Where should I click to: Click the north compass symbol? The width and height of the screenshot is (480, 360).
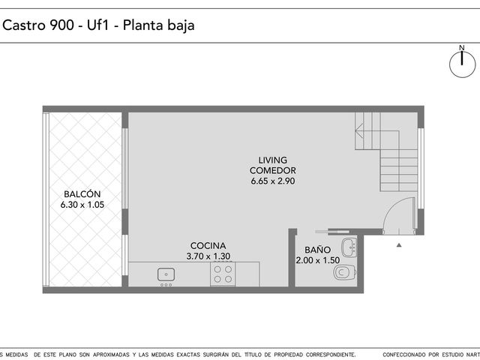(x=462, y=64)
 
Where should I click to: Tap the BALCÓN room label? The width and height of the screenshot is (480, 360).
(x=82, y=194)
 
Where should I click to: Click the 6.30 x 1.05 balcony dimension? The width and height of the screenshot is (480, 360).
(x=82, y=205)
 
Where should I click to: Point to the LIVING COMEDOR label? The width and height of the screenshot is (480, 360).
(x=273, y=165)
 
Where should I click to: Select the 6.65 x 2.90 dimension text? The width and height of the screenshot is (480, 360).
(x=273, y=181)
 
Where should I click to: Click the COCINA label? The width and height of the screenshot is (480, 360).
(x=208, y=245)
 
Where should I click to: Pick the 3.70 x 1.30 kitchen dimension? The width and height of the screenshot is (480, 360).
(x=208, y=256)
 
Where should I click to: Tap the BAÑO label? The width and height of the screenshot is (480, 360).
(x=317, y=250)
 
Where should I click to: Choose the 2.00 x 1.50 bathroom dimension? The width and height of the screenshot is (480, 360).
(x=317, y=260)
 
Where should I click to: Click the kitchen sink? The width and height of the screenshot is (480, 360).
(x=166, y=274)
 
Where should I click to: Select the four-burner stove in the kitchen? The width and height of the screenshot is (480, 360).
(x=223, y=274)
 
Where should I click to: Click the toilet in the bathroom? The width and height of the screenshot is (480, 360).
(x=345, y=271)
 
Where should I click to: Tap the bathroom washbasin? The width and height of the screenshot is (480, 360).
(x=349, y=247)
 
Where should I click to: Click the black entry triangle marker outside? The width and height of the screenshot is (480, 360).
(x=399, y=245)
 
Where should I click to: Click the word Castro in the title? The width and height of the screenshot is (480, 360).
(x=24, y=25)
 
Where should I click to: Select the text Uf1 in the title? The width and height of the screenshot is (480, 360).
(x=98, y=25)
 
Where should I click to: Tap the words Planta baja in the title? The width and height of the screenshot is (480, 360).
(x=158, y=25)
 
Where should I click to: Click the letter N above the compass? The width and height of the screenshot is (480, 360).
(x=462, y=48)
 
